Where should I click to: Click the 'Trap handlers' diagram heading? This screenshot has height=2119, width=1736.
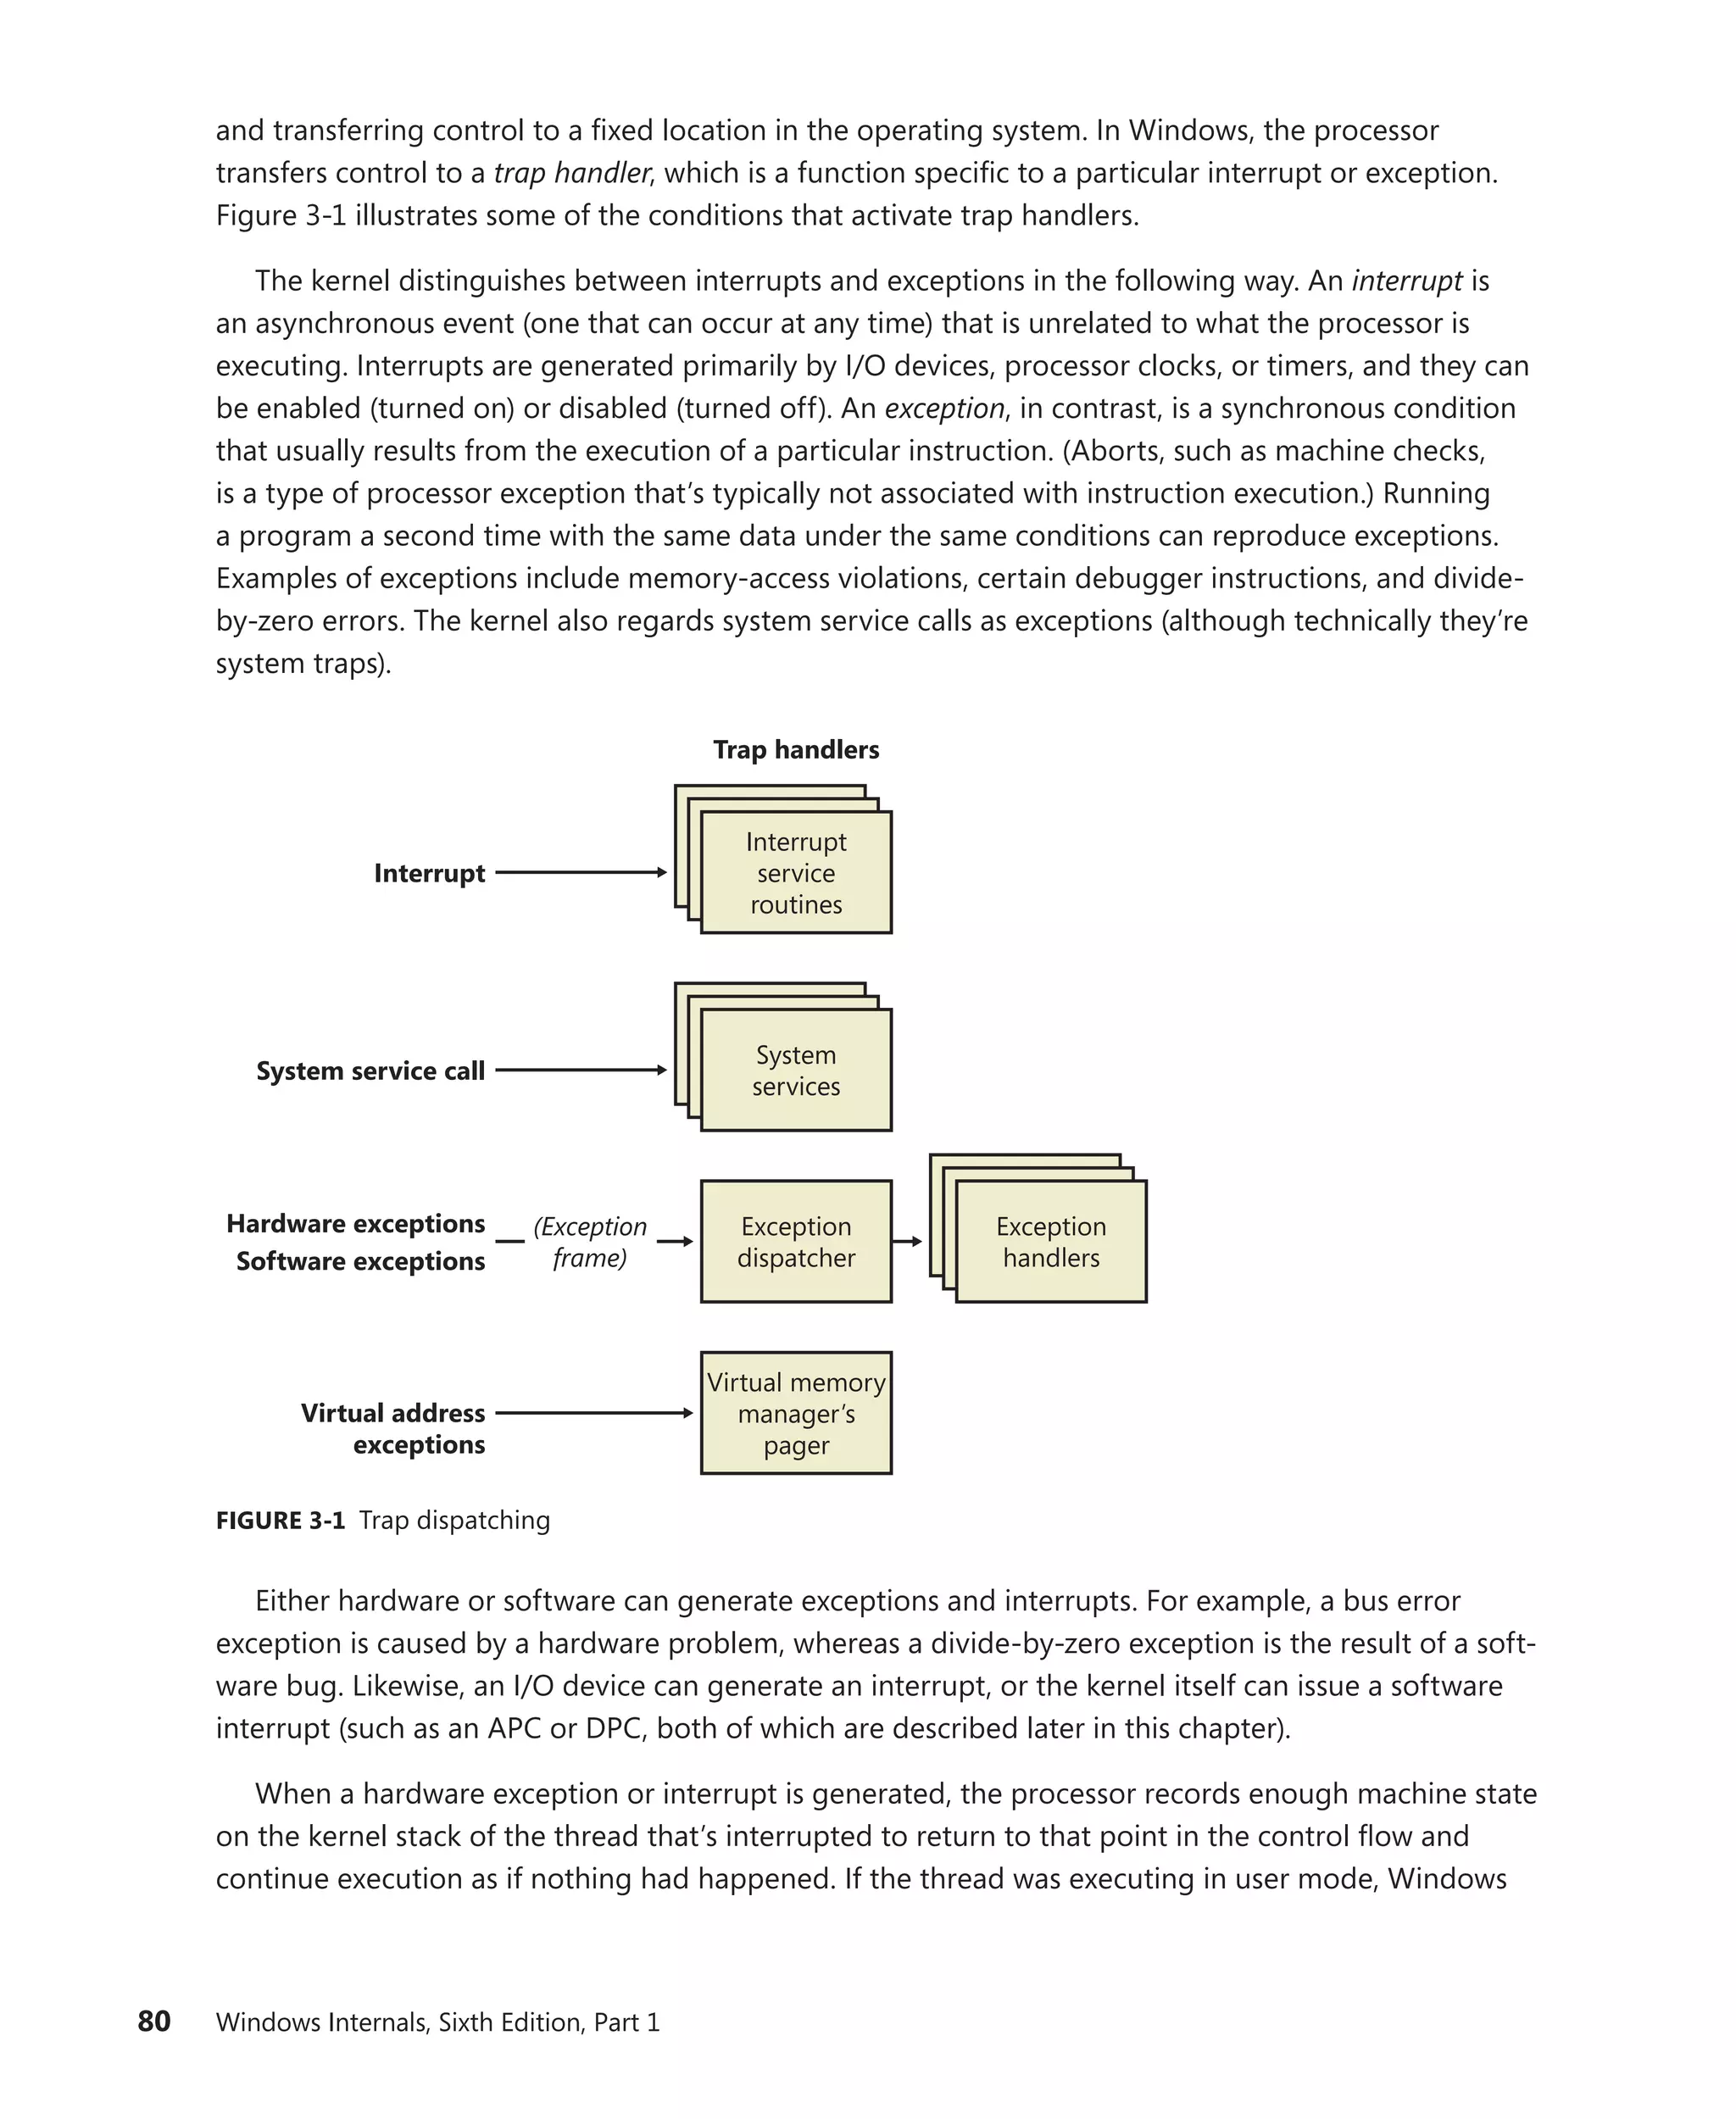[796, 750]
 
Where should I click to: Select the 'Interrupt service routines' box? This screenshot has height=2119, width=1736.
[796, 873]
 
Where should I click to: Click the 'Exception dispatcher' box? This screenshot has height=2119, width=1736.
[796, 1241]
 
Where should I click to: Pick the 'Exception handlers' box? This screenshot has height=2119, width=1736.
[1051, 1241]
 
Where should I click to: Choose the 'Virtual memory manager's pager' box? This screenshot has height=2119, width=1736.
[796, 1413]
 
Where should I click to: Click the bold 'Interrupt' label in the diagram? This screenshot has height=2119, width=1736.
[429, 873]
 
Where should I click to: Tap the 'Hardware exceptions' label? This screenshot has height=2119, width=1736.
[355, 1223]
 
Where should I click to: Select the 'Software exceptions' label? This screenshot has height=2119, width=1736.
[360, 1261]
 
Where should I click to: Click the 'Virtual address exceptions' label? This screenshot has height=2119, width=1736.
[393, 1428]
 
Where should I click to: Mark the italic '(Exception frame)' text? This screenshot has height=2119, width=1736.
[589, 1241]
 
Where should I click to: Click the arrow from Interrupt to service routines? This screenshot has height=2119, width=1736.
[580, 872]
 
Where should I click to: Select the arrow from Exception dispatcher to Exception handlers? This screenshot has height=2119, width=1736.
[907, 1241]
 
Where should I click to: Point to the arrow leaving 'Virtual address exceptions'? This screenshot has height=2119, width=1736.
[593, 1413]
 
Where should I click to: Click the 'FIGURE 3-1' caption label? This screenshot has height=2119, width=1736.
[280, 1520]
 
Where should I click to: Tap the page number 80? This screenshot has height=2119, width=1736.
[154, 2021]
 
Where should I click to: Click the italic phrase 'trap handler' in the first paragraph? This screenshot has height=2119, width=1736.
[572, 173]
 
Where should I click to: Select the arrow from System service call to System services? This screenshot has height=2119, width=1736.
[580, 1070]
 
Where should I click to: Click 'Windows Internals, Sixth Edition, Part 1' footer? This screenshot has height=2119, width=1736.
[437, 2022]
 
